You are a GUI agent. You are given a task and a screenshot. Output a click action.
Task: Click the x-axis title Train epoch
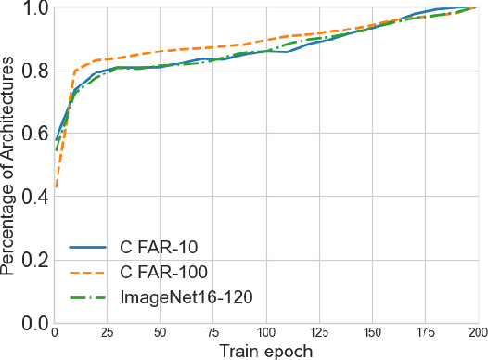click(x=266, y=351)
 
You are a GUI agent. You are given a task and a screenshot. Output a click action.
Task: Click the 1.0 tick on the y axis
click(x=35, y=10)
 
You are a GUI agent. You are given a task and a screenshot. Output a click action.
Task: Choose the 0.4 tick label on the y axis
click(x=35, y=198)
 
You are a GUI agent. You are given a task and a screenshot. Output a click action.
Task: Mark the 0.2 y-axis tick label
click(x=35, y=261)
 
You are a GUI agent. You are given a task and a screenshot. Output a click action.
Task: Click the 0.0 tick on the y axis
click(x=35, y=323)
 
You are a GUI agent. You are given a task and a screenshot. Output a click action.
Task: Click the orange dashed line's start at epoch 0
click(x=56, y=187)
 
